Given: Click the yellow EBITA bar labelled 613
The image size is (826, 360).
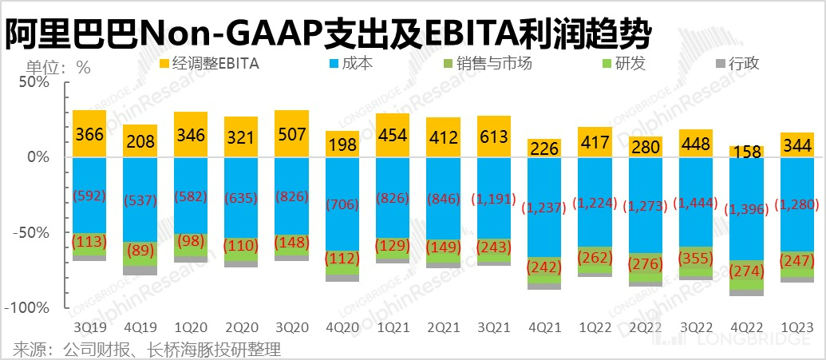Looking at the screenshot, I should tap(494, 136).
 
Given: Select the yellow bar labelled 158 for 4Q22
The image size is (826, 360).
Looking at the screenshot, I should tap(746, 152).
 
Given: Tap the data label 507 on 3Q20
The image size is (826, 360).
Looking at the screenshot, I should tap(291, 133).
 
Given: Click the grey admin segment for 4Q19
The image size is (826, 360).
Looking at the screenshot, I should tap(140, 270).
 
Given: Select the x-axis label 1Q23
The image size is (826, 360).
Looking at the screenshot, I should tap(796, 328).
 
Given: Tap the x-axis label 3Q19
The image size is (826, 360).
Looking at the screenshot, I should tap(89, 328).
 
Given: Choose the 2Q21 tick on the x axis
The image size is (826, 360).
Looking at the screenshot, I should tap(443, 328).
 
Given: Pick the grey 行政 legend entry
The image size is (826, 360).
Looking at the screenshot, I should tap(736, 63).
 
